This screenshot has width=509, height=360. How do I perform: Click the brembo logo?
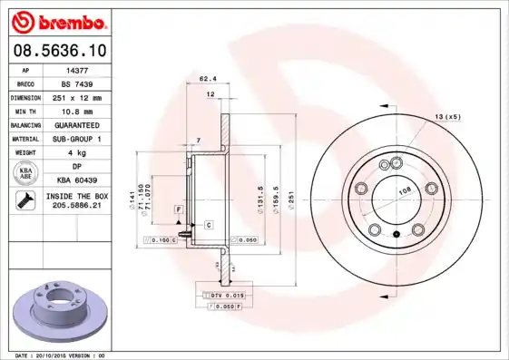59,21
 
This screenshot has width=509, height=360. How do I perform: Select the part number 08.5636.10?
59,51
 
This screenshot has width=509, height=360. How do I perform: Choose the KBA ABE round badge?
26,173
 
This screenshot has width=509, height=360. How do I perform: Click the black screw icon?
25,201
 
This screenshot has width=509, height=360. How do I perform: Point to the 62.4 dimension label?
206,79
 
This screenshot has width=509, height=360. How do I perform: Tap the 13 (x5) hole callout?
447,118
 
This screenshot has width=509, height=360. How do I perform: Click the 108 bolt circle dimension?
405,190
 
